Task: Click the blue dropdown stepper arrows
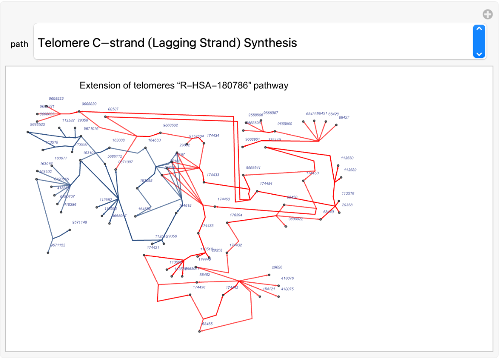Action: (479, 41)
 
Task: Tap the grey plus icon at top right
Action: (487, 15)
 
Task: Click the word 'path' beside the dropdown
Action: (19, 44)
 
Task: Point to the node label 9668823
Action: (56, 98)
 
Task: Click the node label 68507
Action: (113, 109)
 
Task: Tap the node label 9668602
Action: (171, 125)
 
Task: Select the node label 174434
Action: (213, 136)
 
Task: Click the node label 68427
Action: (344, 117)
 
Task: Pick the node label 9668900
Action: (285, 124)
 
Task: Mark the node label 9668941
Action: (253, 167)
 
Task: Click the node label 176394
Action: (236, 215)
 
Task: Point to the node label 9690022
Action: (296, 219)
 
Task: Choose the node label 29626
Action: (277, 267)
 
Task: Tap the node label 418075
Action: (287, 289)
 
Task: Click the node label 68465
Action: (207, 324)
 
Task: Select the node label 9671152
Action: (58, 245)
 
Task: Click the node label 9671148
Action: (79, 222)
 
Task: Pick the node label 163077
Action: (61, 158)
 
